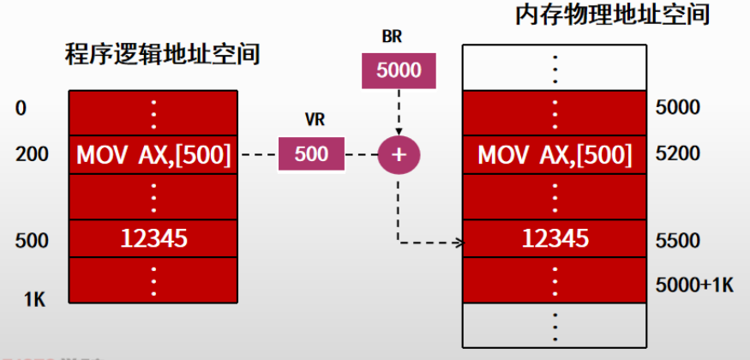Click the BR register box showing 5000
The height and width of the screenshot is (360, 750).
[399, 69]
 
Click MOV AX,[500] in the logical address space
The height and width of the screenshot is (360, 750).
[153, 155]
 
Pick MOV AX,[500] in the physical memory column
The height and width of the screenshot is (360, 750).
[555, 155]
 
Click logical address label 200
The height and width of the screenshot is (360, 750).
[32, 155]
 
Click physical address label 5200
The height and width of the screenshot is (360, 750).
[676, 154]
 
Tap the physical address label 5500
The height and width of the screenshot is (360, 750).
[676, 240]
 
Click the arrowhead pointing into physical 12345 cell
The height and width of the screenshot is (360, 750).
[459, 243]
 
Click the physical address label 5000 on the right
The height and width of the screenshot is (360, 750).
[676, 108]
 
